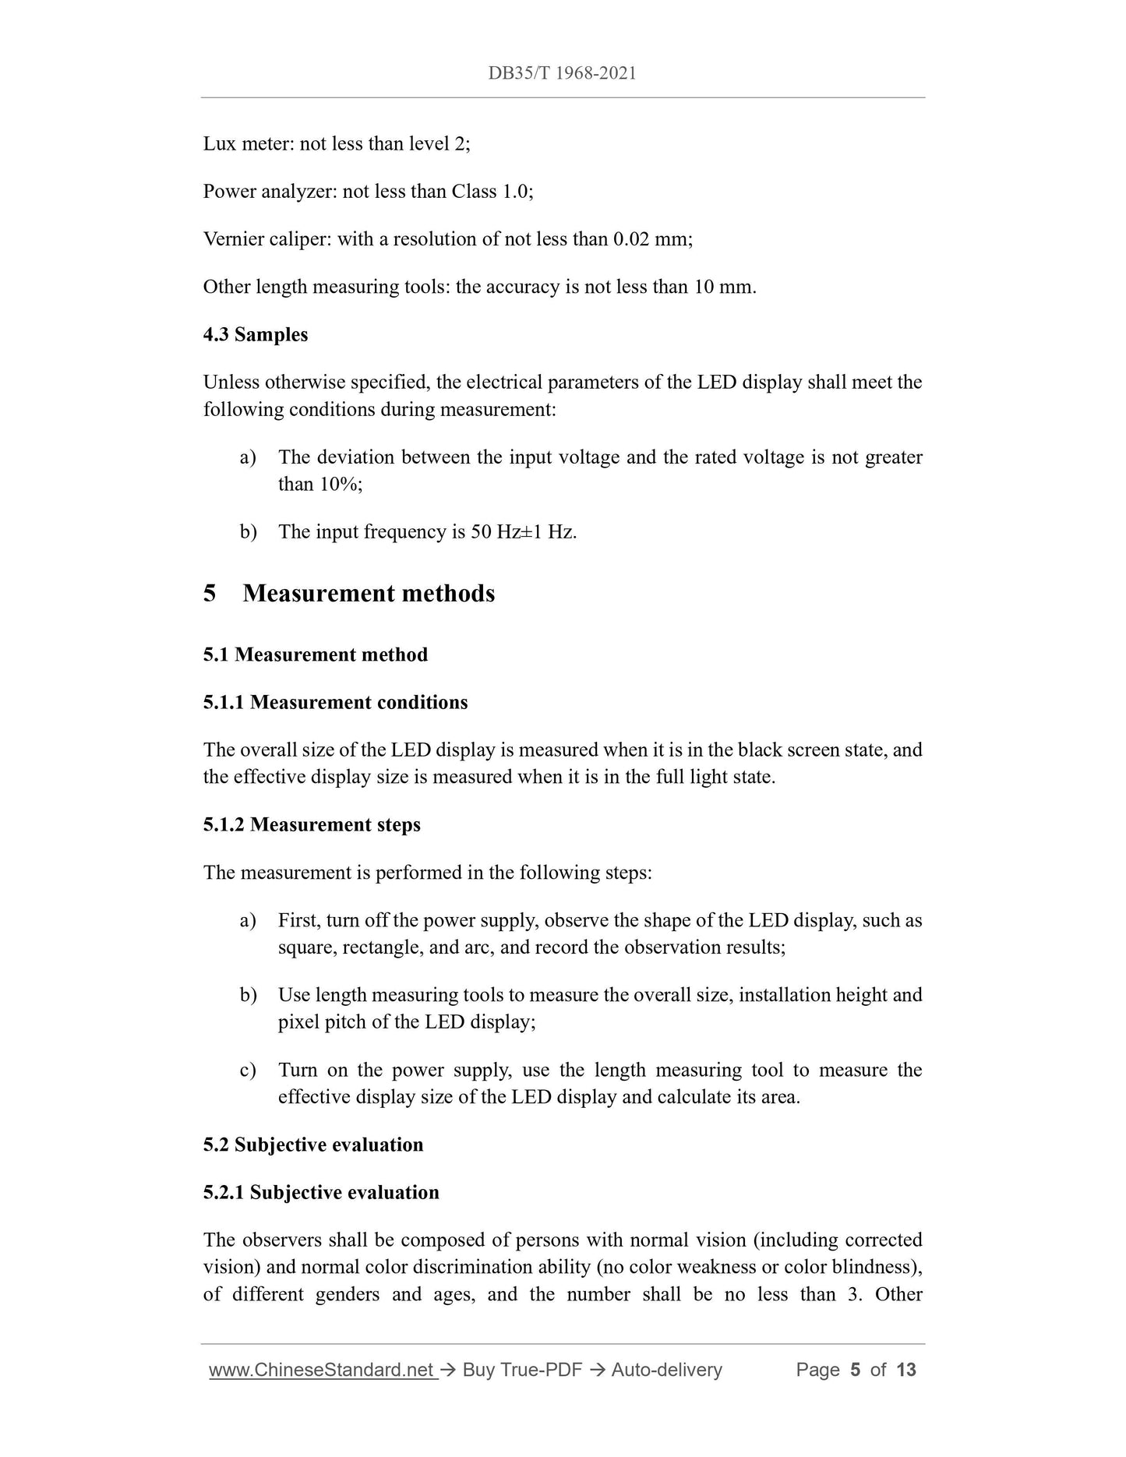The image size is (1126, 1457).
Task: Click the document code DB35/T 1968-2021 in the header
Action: [x=562, y=73]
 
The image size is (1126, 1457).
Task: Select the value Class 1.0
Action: [x=491, y=192]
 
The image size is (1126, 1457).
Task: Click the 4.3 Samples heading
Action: [x=256, y=334]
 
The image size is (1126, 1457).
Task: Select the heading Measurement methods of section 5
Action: [x=369, y=594]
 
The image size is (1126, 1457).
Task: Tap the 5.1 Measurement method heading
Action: [x=316, y=654]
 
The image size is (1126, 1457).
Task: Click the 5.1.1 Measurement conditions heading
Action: [x=336, y=702]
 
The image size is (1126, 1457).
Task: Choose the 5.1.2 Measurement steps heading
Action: [x=312, y=824]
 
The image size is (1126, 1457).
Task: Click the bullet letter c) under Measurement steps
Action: [x=248, y=1071]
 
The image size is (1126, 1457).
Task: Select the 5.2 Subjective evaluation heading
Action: [x=313, y=1145]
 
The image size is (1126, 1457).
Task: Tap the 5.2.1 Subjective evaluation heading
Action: [x=321, y=1193]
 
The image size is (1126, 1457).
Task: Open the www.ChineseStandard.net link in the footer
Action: [x=321, y=1369]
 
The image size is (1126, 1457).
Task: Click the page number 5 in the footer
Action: [x=855, y=1369]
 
